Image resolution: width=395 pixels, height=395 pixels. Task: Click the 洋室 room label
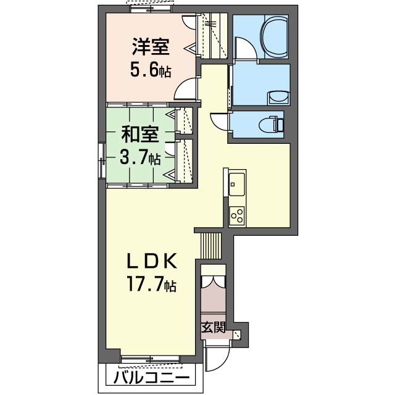tap(151, 47)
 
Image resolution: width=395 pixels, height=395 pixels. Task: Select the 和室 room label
tap(140, 135)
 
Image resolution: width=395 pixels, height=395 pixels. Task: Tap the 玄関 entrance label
tap(213, 328)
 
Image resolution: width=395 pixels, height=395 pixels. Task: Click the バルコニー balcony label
tap(151, 377)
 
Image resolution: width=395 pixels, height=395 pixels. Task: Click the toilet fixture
tap(272, 124)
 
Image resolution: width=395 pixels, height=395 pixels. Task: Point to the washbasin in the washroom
tap(278, 98)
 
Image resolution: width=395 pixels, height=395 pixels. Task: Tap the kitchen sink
tap(236, 184)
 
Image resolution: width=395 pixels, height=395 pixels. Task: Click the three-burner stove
tap(237, 215)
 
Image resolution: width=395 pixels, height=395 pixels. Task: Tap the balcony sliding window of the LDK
tap(151, 359)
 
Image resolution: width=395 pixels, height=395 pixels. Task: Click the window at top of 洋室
tap(151, 9)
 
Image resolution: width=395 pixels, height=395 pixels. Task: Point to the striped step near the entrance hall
tap(211, 246)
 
